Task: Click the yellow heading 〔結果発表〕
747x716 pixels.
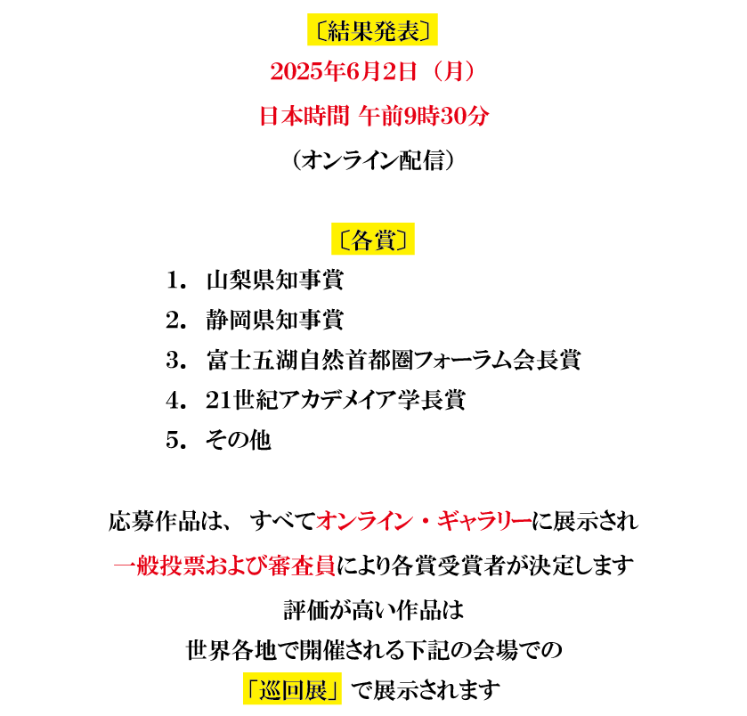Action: point(372,30)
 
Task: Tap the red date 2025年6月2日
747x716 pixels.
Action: point(343,72)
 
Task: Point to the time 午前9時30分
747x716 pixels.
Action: point(424,117)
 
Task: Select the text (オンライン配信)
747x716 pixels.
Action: point(373,160)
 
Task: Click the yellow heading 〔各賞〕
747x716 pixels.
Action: point(373,240)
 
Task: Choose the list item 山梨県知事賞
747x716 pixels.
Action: point(275,281)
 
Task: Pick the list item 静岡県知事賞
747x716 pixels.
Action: point(275,320)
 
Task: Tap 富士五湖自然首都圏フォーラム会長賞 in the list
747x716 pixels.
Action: point(394,360)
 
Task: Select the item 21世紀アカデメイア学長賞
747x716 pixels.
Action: point(336,400)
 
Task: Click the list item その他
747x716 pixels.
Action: point(239,440)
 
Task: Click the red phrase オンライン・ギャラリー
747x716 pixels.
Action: point(424,521)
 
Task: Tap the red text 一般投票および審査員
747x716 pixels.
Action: point(224,566)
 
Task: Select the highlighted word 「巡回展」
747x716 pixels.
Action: point(292,689)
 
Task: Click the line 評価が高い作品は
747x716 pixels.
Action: point(374,611)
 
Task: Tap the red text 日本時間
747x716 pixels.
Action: point(304,117)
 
